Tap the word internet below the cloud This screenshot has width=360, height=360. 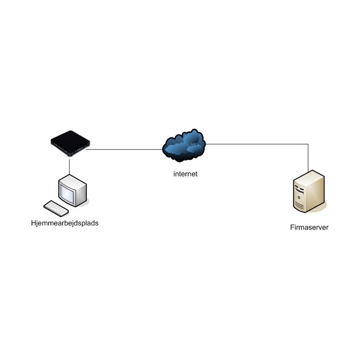[x=185, y=173]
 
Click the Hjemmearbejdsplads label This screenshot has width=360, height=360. [x=64, y=222]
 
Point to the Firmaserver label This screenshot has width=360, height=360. [x=309, y=227]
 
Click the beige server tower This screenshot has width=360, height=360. [x=308, y=191]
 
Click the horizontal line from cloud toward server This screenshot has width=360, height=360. [x=256, y=144]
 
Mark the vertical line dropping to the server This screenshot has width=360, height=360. [x=308, y=157]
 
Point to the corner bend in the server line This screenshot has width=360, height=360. [x=308, y=144]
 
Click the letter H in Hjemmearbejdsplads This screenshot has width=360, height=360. [x=33, y=222]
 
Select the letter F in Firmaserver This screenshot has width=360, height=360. [x=292, y=227]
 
